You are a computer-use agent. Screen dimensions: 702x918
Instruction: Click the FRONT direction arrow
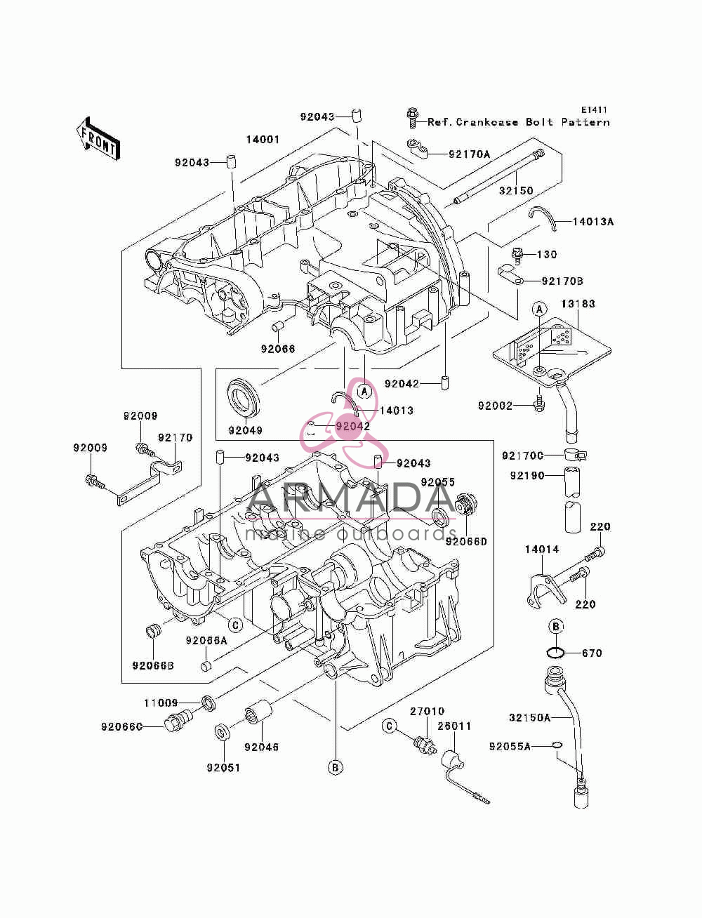98,138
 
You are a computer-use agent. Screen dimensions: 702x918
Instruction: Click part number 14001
263,140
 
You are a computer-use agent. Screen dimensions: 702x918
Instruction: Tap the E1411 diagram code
594,109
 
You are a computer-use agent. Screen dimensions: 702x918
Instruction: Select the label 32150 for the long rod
516,191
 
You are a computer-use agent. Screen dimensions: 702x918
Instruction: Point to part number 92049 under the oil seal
245,430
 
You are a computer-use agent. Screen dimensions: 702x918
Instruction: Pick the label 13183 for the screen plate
578,304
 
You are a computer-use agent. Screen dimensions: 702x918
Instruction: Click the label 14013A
592,222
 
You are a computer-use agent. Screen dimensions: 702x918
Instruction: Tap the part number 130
546,254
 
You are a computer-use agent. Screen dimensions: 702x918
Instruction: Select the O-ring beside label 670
555,653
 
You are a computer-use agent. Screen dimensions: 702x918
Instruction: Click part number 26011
454,726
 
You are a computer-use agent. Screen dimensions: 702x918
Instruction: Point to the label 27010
427,711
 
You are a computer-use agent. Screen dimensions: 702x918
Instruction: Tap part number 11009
161,703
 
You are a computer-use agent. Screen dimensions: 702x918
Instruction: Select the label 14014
542,549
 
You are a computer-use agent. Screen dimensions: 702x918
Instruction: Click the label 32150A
529,718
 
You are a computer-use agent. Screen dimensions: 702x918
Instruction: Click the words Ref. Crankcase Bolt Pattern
518,122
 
